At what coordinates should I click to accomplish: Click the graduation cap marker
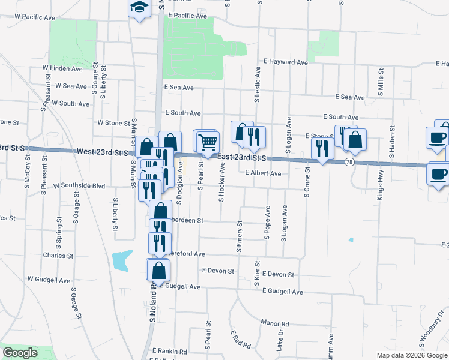point(139,8)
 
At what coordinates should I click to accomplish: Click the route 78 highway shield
point(349,162)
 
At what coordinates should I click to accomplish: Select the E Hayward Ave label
point(286,61)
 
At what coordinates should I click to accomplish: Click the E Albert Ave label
point(263,173)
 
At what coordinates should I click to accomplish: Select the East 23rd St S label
point(242,157)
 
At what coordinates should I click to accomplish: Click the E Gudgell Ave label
point(283,292)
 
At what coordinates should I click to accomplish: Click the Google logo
point(20,353)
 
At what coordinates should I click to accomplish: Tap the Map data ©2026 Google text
point(412,355)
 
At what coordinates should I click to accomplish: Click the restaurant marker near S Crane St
point(322,148)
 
